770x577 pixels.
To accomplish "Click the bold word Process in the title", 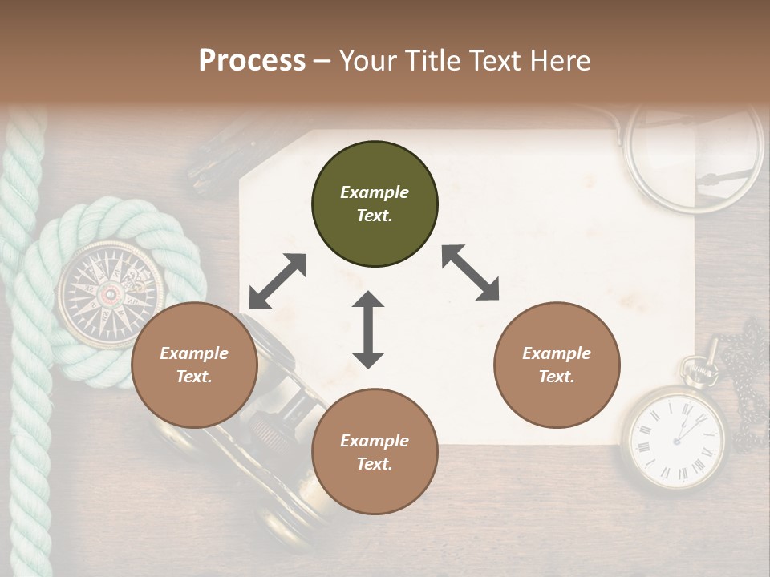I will point(252,60).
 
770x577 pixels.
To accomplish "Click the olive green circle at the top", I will point(375,204).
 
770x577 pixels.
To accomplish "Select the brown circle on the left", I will point(194,365).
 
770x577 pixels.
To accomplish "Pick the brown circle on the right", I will point(557,365).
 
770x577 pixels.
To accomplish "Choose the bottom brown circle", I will point(375,452).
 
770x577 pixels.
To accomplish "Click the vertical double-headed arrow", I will point(368,329).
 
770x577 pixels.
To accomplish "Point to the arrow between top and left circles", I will point(278,281).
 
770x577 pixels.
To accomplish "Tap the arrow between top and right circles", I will point(470,272).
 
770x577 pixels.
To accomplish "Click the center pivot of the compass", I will point(108,294).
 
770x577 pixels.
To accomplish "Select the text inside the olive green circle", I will point(375,204).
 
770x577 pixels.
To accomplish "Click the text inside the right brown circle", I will point(557,365).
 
